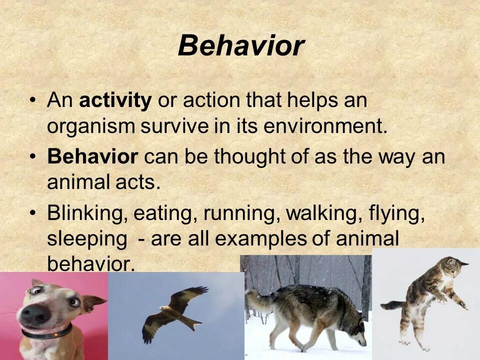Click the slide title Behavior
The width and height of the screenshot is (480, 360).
(x=241, y=46)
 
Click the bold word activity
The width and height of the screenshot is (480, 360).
(x=115, y=100)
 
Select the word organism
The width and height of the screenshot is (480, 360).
(x=91, y=126)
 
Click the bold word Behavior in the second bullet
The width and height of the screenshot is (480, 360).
(x=93, y=156)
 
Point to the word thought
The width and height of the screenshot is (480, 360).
(x=249, y=157)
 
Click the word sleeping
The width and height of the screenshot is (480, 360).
(x=87, y=239)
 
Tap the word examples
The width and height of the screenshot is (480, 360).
(x=260, y=239)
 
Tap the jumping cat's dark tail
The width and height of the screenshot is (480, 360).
(x=393, y=305)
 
